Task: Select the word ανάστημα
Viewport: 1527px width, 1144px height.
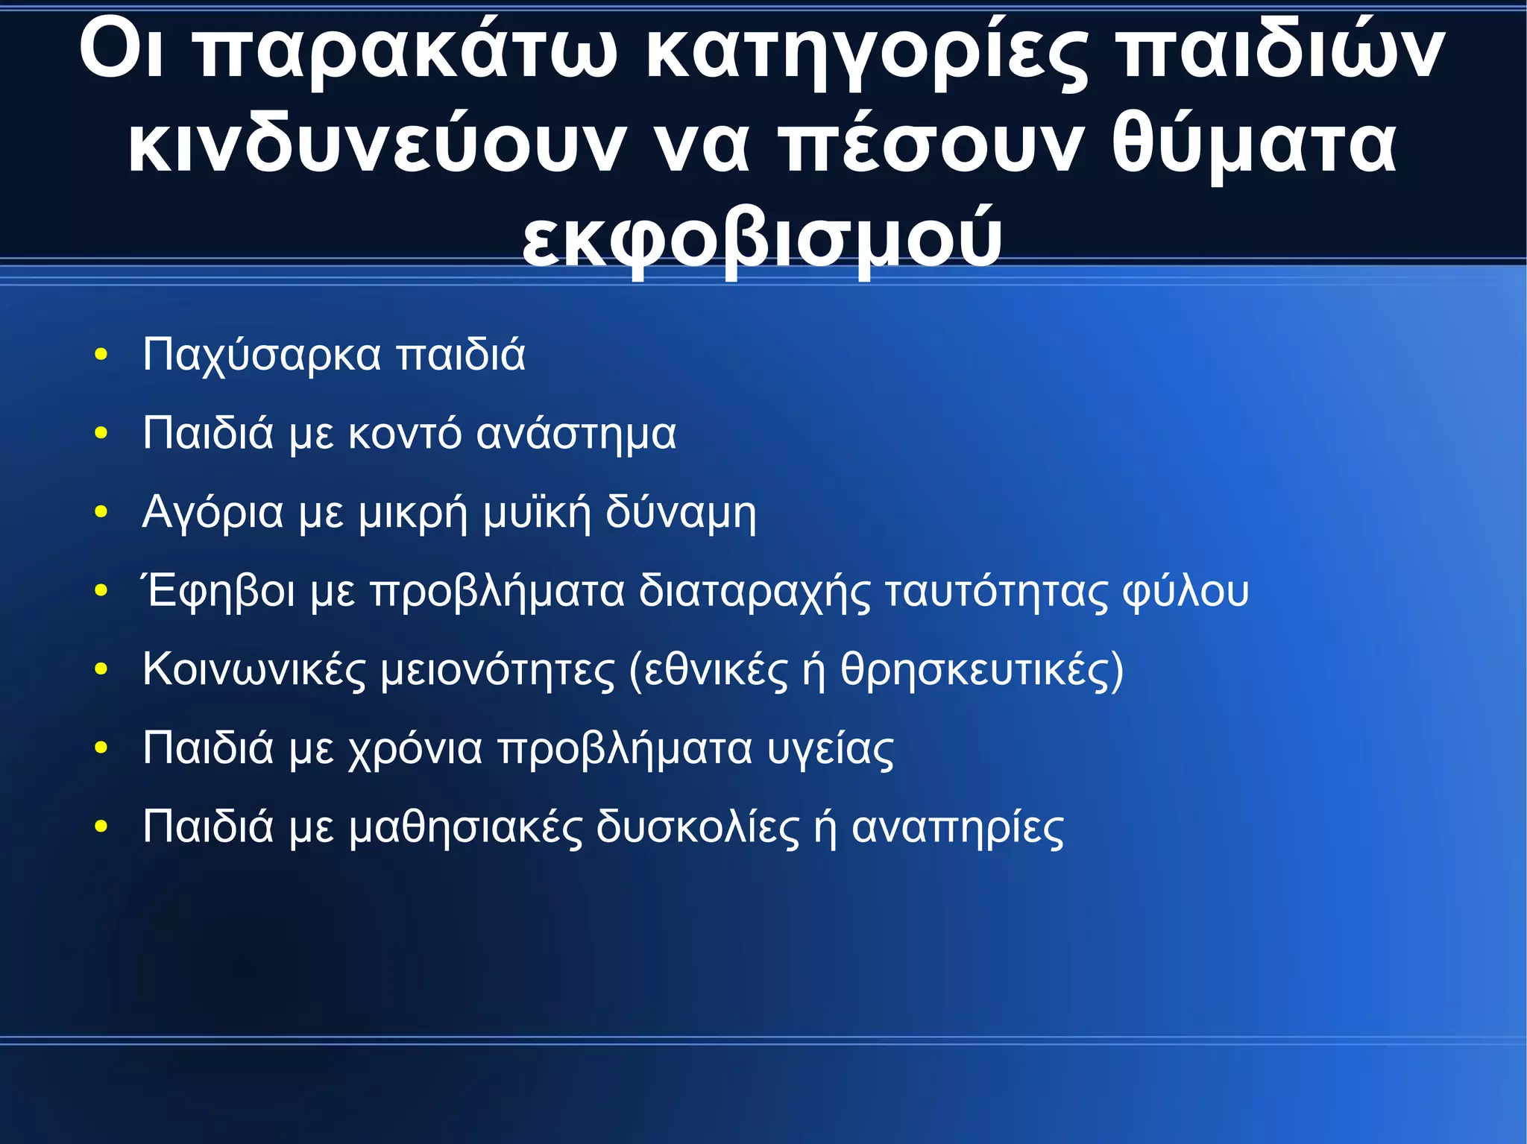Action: [576, 434]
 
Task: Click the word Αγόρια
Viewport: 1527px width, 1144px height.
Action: [212, 513]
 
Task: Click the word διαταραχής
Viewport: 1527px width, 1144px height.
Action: [754, 592]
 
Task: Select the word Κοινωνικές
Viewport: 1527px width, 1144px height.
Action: [254, 670]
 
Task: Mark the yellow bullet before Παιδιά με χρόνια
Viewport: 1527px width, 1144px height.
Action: [101, 748]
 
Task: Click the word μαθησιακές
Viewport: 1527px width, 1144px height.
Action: [465, 828]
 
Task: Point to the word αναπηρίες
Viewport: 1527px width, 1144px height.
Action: [957, 828]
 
